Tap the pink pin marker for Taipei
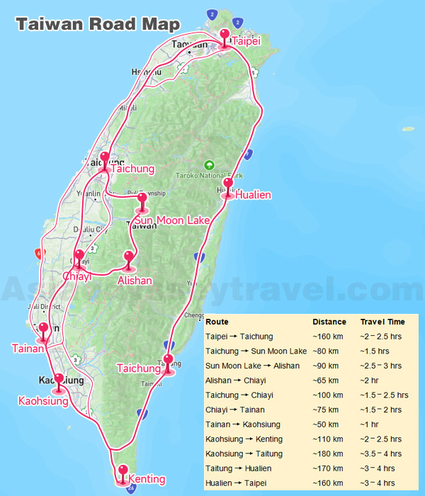coord(225,37)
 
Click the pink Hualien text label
coord(253,195)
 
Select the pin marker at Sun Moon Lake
coord(142,201)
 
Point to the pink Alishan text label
coord(135,281)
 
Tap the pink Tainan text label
coord(28,348)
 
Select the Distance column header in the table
coord(329,322)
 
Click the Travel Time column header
coord(382,322)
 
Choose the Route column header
coord(217,322)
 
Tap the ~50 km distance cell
coord(325,424)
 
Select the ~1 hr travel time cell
coord(370,424)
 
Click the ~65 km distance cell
coord(325,381)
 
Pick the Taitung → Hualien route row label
coord(239,468)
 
